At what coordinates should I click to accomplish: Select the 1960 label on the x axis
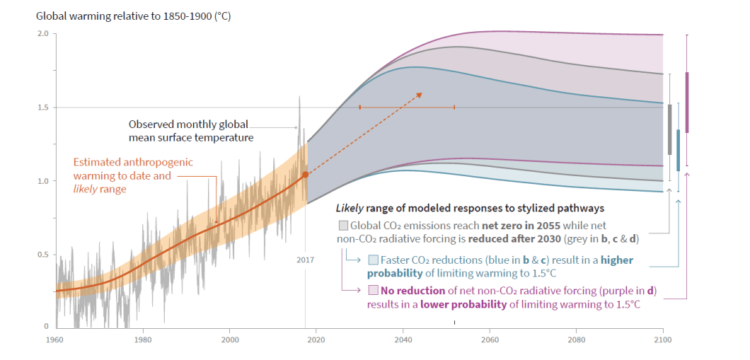tap(55, 339)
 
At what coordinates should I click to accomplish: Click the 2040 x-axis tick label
tap(403, 339)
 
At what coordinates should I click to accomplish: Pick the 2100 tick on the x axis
tap(662, 339)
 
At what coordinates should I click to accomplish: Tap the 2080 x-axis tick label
tap(576, 339)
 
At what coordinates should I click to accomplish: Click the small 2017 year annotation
tap(305, 260)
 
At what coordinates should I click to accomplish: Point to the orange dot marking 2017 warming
tap(305, 174)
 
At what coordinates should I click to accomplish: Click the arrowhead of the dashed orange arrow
tap(419, 95)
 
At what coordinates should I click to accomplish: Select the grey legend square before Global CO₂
tap(343, 226)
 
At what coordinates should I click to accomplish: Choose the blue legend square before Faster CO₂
tap(373, 260)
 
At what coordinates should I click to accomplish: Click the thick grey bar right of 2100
tap(669, 129)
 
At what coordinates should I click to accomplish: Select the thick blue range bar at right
tap(678, 150)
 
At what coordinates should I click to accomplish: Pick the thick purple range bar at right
tap(686, 102)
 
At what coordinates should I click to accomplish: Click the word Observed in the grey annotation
tap(151, 124)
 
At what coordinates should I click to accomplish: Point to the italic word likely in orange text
tap(88, 189)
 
